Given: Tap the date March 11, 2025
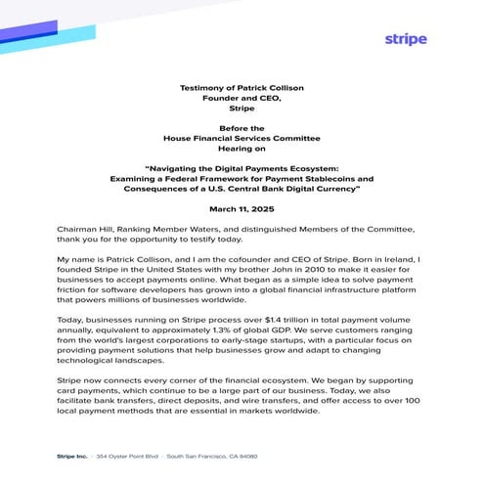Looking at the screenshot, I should pos(242,208).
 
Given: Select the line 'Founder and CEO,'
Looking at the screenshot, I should pos(242,98).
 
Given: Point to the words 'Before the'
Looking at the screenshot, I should pos(242,128).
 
